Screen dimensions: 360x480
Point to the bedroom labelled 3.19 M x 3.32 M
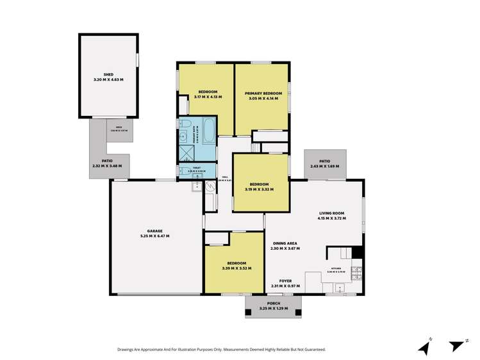click(259, 186)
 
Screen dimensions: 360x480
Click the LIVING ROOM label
click(331, 215)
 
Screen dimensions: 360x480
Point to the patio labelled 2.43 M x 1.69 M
click(324, 164)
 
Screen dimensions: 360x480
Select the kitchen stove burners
click(357, 274)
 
